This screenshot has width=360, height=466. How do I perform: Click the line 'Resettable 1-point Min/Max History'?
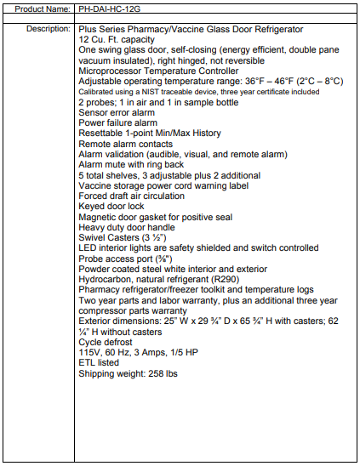tap(150, 134)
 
